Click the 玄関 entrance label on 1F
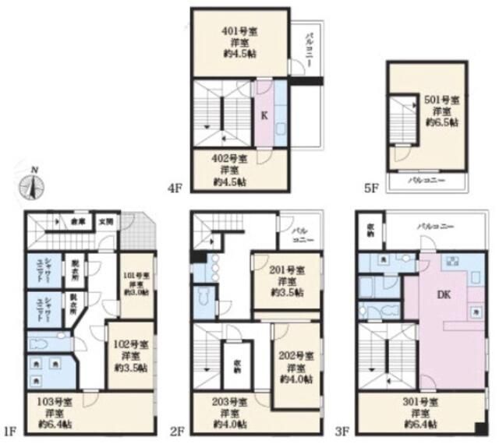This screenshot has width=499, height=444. point(105,221)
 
